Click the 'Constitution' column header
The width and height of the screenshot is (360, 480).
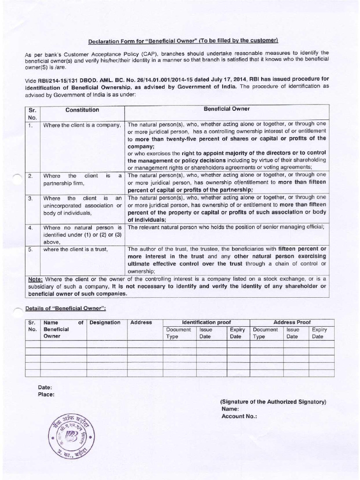point(82,110)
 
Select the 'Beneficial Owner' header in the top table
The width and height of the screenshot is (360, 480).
point(226,109)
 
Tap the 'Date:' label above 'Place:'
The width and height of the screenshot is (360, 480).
point(45,387)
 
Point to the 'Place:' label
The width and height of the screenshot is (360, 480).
point(46,394)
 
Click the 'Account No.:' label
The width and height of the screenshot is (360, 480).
point(239,416)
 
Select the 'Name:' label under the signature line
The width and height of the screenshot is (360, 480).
point(231,409)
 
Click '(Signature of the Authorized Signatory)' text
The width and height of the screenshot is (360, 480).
point(273,402)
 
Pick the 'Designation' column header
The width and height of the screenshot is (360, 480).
point(105,322)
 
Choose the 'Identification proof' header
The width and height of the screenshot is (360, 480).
point(206,322)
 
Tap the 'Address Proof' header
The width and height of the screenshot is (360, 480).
point(292,322)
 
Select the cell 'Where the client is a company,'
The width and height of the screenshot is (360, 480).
point(82,125)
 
